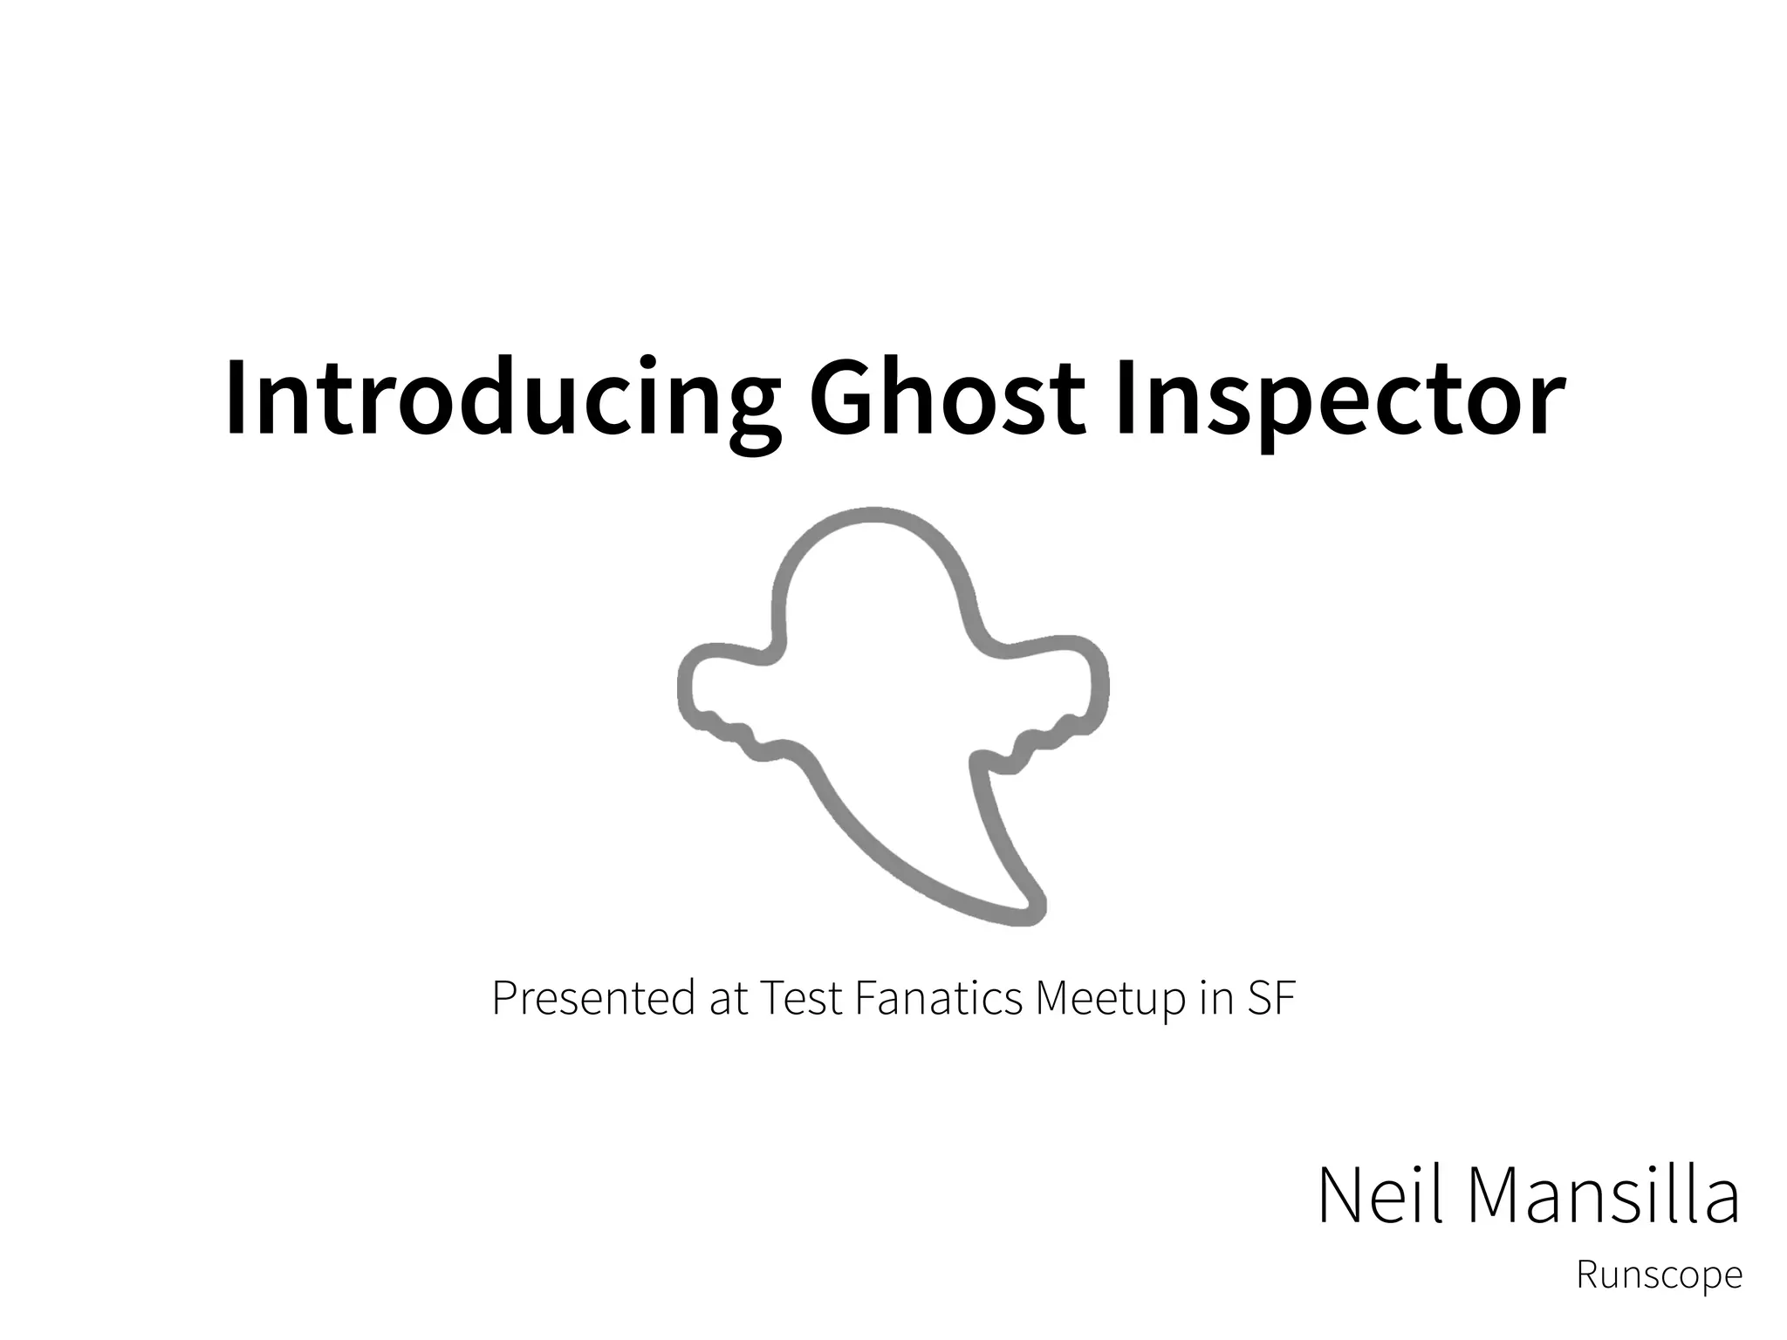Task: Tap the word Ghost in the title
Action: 948,397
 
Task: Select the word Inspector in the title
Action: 1339,397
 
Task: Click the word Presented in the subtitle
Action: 593,999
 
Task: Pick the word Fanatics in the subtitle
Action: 938,999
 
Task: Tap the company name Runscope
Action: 1659,1275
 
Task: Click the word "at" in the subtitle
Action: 729,999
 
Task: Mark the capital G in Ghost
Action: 842,397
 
